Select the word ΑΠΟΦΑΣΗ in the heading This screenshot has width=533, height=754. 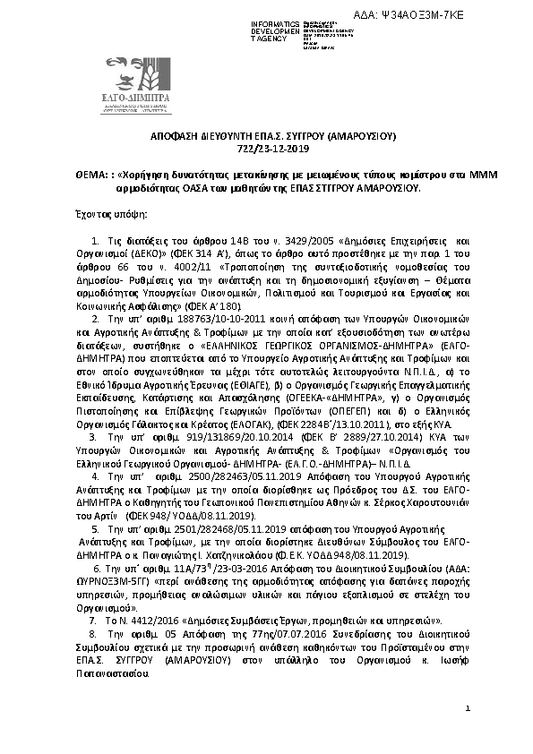176,138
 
